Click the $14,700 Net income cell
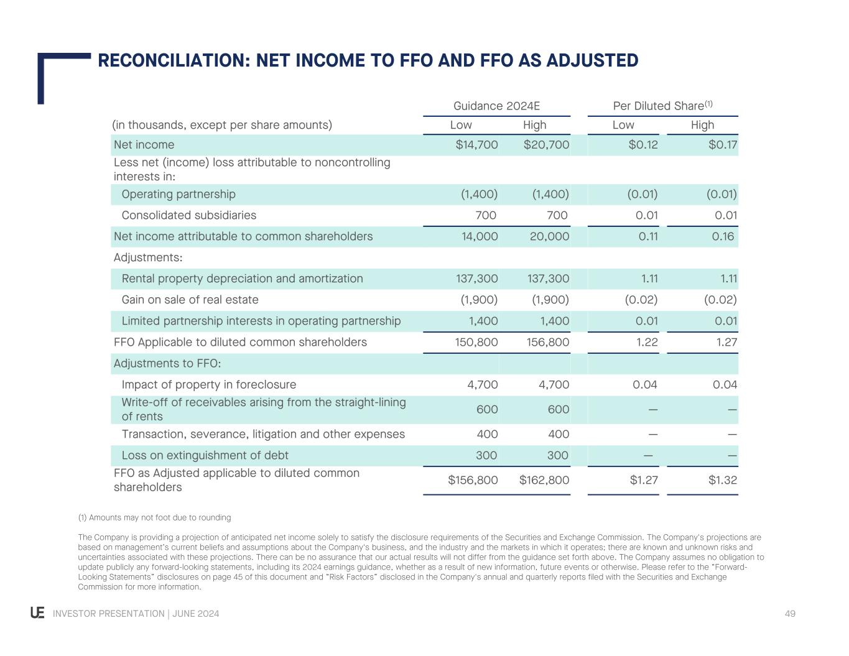pos(476,145)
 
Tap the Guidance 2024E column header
pos(496,106)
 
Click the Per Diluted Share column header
pos(662,106)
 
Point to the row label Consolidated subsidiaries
pos(188,215)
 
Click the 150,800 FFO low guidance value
pos(476,342)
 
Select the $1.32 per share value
pos(722,480)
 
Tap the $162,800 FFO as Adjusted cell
pos(544,480)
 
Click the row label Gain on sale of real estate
pos(190,300)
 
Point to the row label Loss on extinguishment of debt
pos(205,455)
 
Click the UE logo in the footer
pos(37,613)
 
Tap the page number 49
pos(790,614)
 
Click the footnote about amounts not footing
pos(154,517)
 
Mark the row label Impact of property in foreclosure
pos(208,384)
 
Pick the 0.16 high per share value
pos(723,236)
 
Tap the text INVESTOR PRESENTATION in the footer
pos(108,614)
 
